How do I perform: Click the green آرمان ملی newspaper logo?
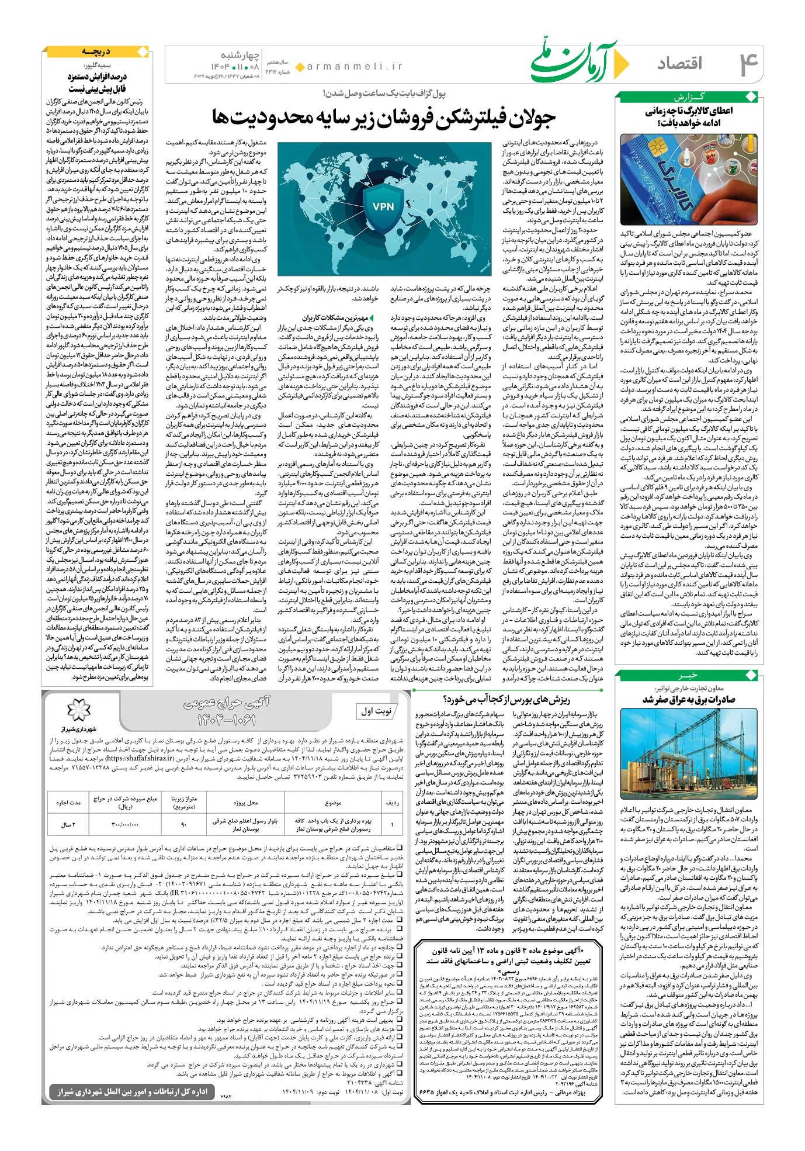573,61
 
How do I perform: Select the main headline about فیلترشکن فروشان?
383,118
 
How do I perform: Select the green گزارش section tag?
689,97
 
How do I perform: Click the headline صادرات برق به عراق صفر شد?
689,700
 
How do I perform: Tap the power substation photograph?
689,753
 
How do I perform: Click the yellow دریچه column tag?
96,53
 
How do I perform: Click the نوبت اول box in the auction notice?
376,711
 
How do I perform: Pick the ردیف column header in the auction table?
393,803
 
